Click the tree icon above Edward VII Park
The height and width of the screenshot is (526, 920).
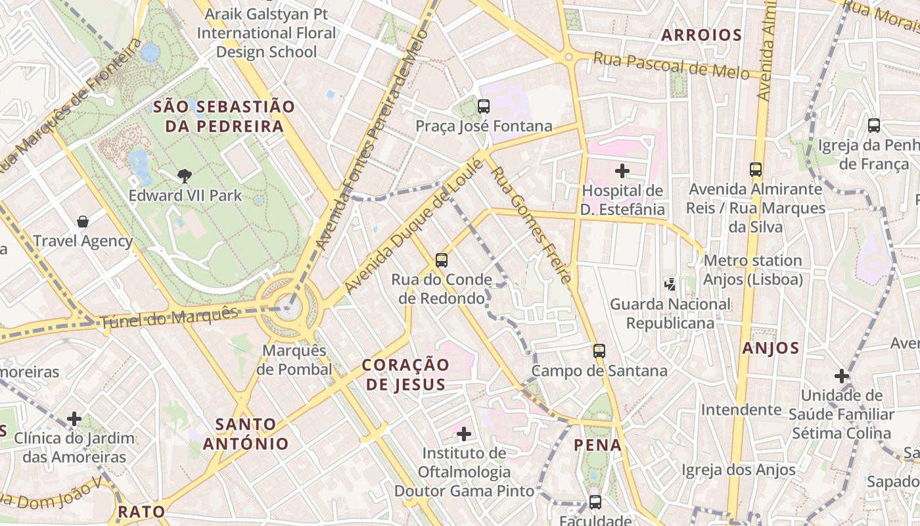click(x=185, y=176)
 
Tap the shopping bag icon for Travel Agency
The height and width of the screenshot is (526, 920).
click(x=83, y=222)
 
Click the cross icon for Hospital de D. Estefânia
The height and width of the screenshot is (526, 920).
click(x=622, y=172)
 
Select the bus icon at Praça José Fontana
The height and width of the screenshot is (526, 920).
click(x=484, y=106)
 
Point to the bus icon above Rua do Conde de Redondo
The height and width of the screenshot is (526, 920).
click(x=442, y=260)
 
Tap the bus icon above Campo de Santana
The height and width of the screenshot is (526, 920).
click(x=599, y=351)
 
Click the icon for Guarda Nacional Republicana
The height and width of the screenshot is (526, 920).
click(x=670, y=285)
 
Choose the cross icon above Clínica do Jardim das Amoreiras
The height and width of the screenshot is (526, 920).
click(x=74, y=418)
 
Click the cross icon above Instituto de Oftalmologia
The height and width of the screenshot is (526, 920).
click(x=464, y=433)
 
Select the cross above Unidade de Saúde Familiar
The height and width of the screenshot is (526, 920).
click(x=842, y=376)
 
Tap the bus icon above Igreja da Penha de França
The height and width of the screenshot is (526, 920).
click(x=873, y=126)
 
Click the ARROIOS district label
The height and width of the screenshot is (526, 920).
click(x=701, y=36)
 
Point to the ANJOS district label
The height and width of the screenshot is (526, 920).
click(x=771, y=348)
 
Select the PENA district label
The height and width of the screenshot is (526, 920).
click(x=597, y=445)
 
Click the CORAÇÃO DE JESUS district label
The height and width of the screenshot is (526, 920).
click(x=406, y=374)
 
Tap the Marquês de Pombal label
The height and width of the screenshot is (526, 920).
click(x=294, y=360)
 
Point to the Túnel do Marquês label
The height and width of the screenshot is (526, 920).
click(x=169, y=318)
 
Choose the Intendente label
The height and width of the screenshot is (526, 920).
click(x=741, y=410)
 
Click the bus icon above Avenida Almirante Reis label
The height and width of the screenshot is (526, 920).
click(x=756, y=170)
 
